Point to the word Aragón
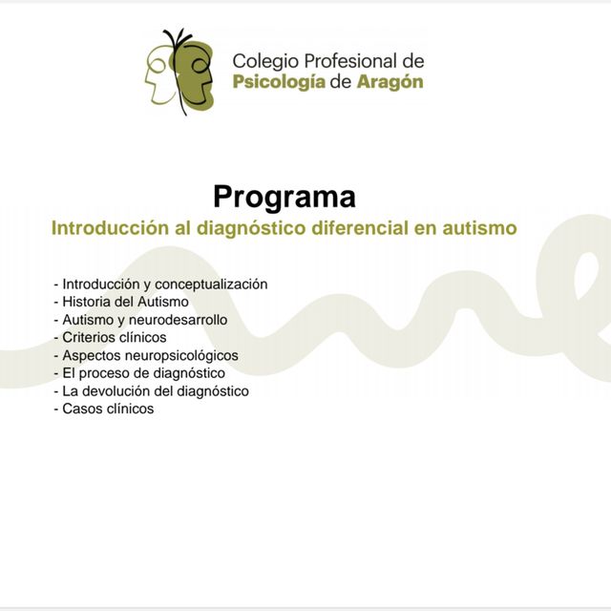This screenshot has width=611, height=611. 390,82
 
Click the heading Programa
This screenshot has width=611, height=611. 284,197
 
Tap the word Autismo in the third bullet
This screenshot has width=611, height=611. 85,320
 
